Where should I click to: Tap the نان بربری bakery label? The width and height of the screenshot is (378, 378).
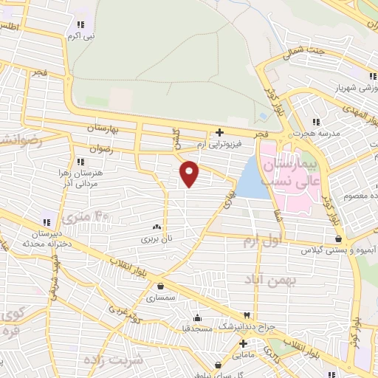pos(156,239)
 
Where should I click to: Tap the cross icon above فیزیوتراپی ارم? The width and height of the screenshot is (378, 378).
pos(219,133)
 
